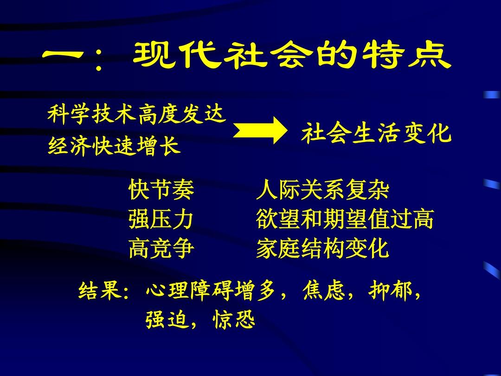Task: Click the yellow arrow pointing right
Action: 260,130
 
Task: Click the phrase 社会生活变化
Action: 376,133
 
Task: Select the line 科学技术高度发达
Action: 137,115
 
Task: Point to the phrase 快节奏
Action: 161,189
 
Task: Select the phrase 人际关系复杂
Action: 323,189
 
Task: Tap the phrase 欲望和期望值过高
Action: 345,219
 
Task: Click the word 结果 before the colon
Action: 100,290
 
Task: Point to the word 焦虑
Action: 324,290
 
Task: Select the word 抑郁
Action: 390,290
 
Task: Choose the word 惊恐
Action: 233,319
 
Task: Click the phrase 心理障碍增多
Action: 211,290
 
